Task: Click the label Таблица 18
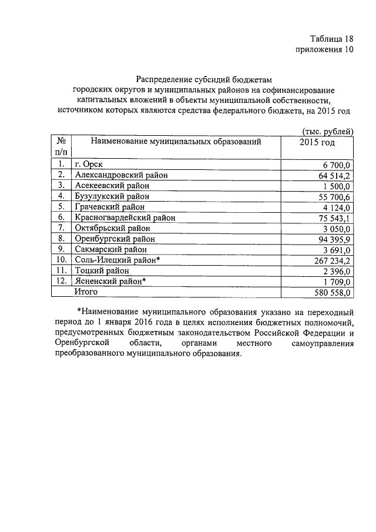tap(327, 39)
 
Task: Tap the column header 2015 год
tap(317, 143)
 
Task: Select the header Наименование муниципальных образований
tap(176, 142)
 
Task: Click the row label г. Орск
tap(90, 165)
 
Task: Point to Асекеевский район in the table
tap(112, 186)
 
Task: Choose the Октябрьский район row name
tap(112, 228)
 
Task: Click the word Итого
tap(86, 291)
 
